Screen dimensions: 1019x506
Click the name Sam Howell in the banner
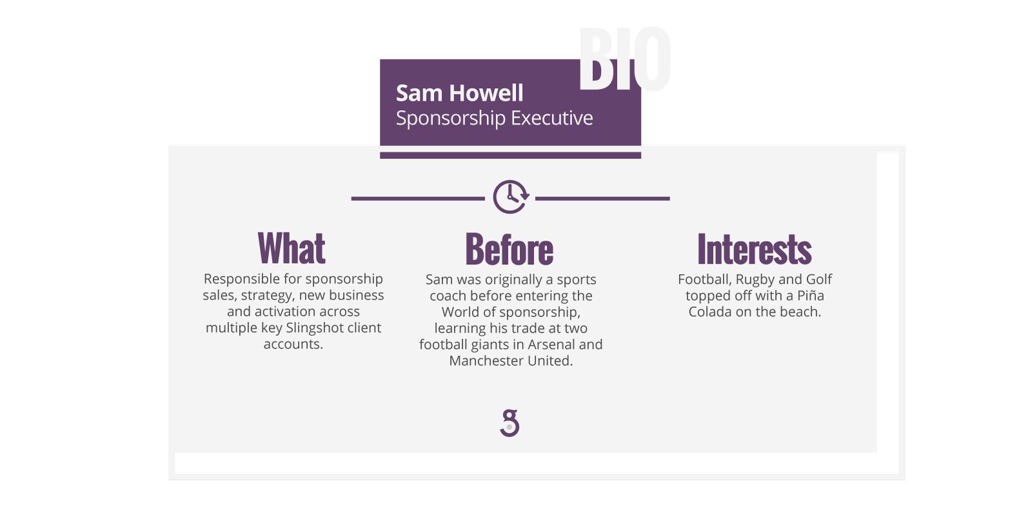tap(459, 93)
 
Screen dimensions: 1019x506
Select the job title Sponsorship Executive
tap(494, 118)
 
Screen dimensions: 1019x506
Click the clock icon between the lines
tap(511, 197)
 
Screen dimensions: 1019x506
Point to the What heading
tap(292, 248)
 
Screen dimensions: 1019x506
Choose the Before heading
tap(509, 249)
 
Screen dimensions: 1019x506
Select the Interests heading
tap(755, 249)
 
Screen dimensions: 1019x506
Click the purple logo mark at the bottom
tap(510, 423)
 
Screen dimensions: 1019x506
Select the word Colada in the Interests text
tap(708, 312)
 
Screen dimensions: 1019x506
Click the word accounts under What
tap(293, 344)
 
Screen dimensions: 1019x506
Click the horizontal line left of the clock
tap(418, 199)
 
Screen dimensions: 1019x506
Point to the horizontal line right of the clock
tap(602, 199)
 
